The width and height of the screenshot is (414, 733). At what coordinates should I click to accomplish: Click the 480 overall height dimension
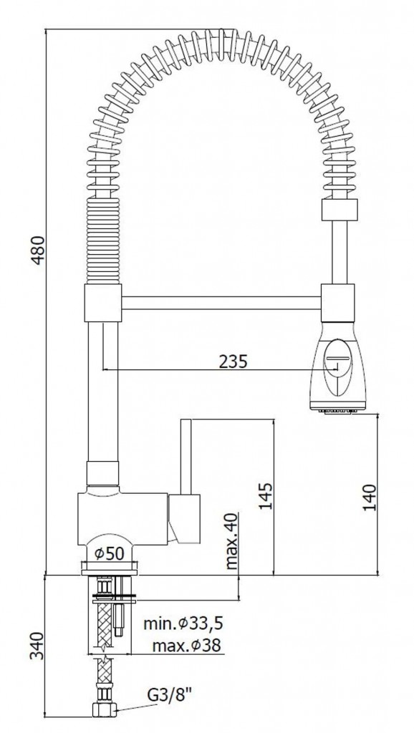[39, 251]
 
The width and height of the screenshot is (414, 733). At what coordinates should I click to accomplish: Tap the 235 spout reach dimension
[233, 361]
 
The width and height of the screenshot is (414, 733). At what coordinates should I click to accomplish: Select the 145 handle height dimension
[265, 496]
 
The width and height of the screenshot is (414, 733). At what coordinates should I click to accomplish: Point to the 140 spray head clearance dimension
[370, 497]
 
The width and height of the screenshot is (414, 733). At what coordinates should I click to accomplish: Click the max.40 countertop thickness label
[231, 541]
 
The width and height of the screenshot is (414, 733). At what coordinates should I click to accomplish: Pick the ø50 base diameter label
[109, 554]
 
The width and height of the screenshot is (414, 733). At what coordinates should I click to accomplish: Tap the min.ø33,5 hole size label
[183, 623]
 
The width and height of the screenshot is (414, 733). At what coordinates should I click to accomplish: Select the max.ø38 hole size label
[186, 646]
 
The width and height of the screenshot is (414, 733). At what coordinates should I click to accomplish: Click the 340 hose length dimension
[38, 646]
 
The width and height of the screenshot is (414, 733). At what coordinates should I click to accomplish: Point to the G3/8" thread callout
[170, 695]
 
